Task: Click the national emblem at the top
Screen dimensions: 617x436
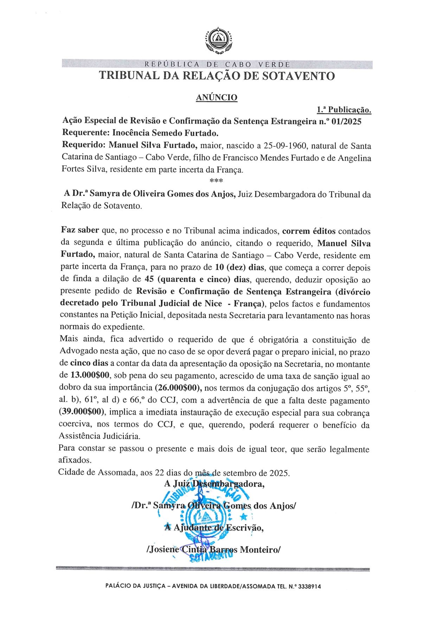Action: pyautogui.click(x=218, y=40)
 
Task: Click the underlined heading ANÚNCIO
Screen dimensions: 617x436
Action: pyautogui.click(x=217, y=97)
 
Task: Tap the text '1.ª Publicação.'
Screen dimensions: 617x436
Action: pyautogui.click(x=344, y=110)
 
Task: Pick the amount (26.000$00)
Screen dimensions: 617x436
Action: pyautogui.click(x=178, y=388)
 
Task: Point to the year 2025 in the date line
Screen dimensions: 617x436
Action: pyautogui.click(x=280, y=473)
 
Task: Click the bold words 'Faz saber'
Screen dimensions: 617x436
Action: pyautogui.click(x=80, y=230)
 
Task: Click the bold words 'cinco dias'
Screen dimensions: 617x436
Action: pyautogui.click(x=89, y=363)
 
